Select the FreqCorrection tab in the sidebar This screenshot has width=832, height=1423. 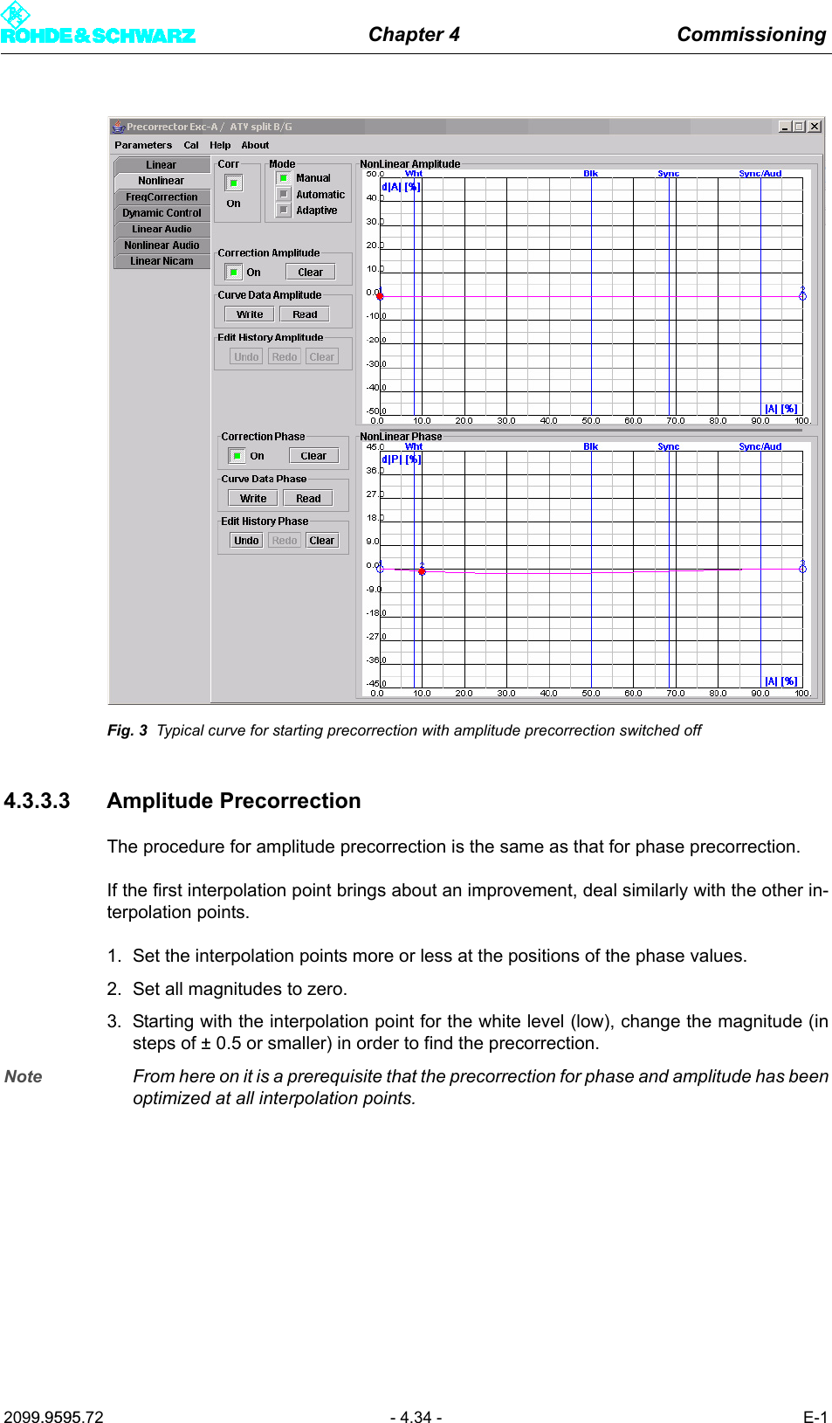162,197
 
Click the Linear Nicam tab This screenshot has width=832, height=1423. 162,261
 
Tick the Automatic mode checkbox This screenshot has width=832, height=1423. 284,194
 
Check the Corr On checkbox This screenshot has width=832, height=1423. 233,183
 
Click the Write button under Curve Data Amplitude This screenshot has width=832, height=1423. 249,314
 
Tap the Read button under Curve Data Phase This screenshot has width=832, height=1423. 308,499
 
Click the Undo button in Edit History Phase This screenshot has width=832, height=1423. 246,541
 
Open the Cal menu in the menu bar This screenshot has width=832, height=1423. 191,145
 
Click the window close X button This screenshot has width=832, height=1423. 814,127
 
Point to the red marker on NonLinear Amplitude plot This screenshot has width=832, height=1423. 380,296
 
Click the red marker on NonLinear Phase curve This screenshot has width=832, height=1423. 422,571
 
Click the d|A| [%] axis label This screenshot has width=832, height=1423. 401,187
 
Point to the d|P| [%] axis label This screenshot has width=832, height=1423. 401,459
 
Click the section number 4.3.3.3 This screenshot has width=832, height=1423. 37,801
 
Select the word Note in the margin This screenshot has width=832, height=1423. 24,1076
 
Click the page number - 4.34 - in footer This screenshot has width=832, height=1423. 416,1417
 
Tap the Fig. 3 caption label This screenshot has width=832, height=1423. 127,730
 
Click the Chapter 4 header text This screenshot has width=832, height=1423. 414,34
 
